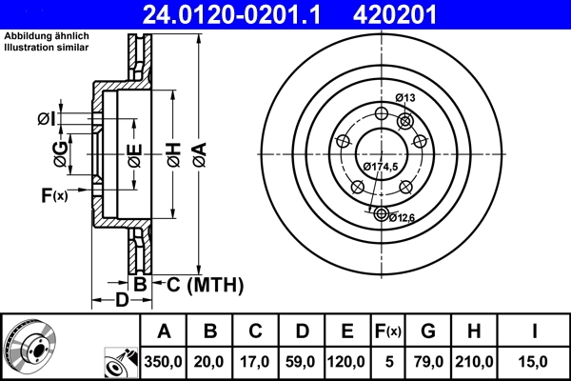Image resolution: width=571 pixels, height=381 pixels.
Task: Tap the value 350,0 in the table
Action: (164, 360)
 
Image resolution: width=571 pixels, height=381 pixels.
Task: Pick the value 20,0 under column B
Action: (211, 360)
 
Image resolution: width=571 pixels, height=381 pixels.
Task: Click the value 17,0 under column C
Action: (257, 360)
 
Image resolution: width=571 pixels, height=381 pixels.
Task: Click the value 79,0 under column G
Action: (428, 360)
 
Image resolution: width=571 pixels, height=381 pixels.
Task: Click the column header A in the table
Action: (164, 331)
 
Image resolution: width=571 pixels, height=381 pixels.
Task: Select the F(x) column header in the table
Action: (388, 331)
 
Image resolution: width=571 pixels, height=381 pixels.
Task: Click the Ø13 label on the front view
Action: (405, 98)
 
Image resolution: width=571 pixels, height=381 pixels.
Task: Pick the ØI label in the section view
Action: (45, 118)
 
